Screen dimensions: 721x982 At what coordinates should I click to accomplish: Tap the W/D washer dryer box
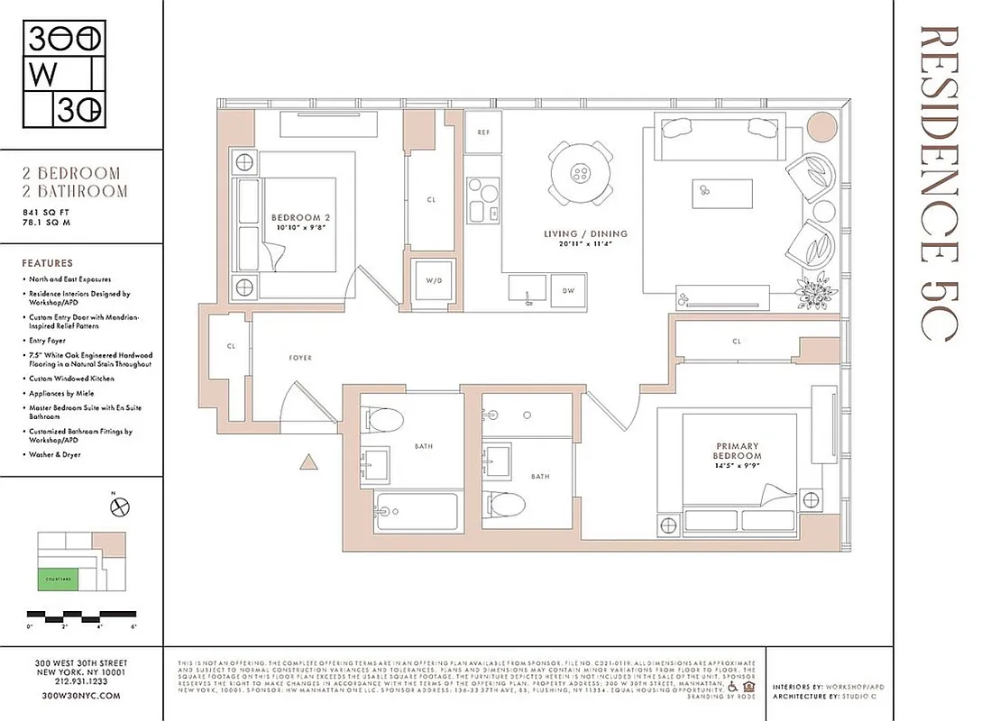(x=433, y=280)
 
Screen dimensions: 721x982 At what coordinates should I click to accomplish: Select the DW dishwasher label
(x=568, y=290)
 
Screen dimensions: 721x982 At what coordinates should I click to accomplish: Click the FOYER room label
(x=300, y=358)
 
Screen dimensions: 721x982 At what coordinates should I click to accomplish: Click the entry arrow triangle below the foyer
(x=308, y=463)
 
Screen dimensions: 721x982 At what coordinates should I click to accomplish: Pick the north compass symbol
(x=117, y=507)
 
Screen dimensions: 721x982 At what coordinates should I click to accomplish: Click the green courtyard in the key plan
(x=57, y=581)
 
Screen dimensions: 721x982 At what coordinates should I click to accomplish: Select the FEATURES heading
(x=48, y=263)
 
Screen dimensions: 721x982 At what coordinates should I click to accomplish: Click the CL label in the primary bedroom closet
(x=737, y=342)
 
